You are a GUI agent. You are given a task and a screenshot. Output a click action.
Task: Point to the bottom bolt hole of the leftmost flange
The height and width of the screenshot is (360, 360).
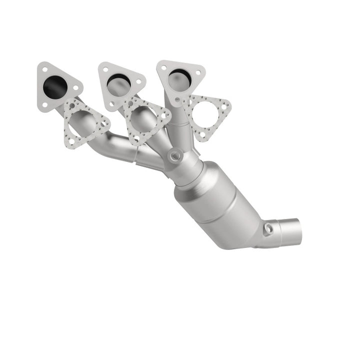click(45, 105)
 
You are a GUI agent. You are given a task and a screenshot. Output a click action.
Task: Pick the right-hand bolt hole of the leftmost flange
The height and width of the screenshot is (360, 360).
click(75, 88)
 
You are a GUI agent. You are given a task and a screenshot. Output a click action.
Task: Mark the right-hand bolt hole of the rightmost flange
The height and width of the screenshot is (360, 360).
click(198, 73)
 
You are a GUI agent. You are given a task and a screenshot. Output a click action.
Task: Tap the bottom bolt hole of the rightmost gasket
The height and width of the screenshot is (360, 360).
click(202, 136)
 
